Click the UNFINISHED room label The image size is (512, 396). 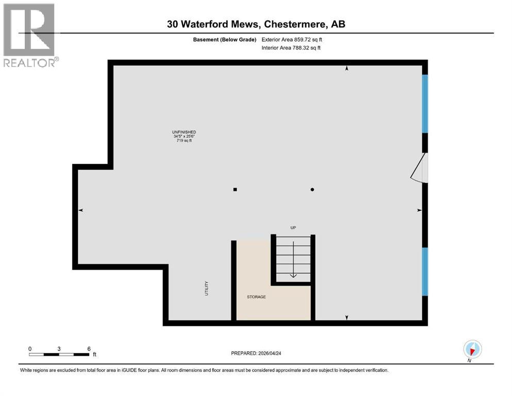pos(184,132)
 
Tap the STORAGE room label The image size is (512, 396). pos(256,296)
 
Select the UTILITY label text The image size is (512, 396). pos(206,287)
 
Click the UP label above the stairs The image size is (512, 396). pos(293,227)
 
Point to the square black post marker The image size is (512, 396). pos(235,189)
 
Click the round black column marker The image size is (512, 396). pos(312,189)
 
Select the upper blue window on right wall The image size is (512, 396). pos(425,104)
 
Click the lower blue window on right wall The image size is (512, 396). pos(425,271)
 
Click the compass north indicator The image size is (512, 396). pos(472,349)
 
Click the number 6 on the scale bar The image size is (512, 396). pos(89,349)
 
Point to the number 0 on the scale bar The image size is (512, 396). pos(30,349)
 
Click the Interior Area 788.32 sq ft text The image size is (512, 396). pos(292,48)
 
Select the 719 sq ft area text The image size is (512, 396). pos(184,141)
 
